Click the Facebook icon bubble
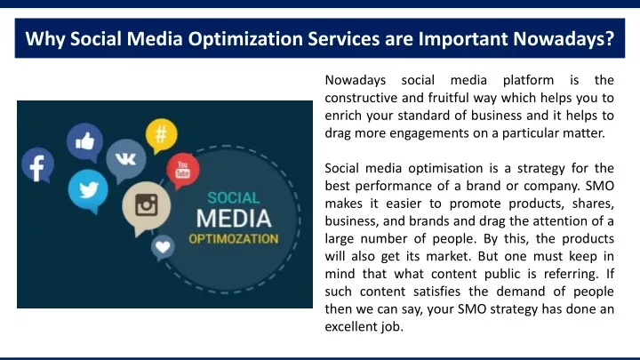37,165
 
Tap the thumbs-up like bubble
85,142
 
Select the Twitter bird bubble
88,190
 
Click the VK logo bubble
125,160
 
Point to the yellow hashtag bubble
162,135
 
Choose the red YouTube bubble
183,170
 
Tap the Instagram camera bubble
146,206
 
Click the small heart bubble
163,247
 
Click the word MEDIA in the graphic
234,219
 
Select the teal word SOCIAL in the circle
234,198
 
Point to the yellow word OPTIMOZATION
234,239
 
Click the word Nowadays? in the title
564,39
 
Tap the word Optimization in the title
245,39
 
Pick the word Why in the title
45,39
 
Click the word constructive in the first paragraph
361,98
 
